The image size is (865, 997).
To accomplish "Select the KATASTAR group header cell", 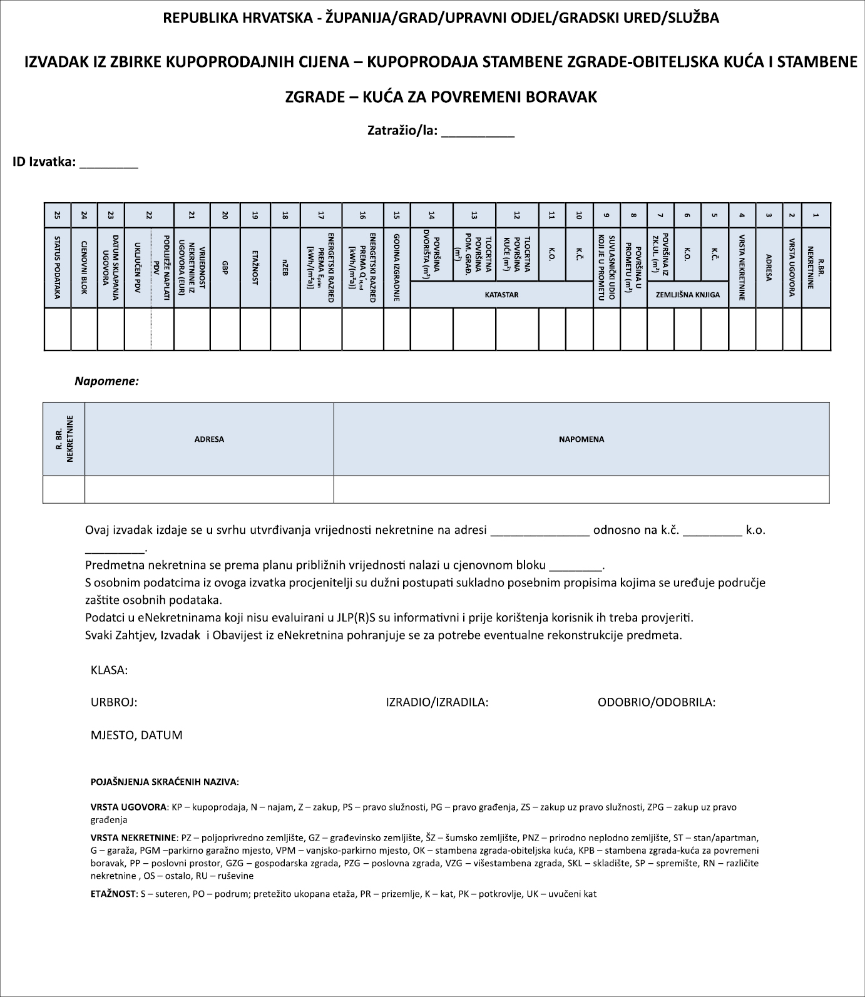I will (501, 294).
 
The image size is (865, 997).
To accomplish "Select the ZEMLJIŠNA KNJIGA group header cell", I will (687, 294).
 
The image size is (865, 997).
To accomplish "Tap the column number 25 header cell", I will (58, 215).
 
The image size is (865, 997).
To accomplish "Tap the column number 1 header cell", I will (816, 215).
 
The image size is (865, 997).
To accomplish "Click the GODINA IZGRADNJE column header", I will (397, 267).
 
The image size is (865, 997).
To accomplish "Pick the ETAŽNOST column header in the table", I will (255, 267).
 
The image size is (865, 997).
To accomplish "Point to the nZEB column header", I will (285, 267).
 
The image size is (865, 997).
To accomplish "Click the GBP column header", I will (225, 267).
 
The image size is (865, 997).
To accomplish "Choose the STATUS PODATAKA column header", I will (58, 267).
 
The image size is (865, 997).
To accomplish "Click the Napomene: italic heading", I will (106, 381).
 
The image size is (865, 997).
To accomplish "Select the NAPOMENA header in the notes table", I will (581, 439).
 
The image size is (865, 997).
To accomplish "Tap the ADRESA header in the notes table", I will (209, 439).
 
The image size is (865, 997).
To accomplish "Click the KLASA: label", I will (110, 670).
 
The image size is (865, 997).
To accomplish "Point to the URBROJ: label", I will (114, 702).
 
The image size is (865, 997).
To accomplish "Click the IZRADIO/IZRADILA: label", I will (437, 702).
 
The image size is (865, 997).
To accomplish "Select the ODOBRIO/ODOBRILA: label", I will (657, 702).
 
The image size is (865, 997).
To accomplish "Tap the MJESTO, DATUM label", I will (136, 735).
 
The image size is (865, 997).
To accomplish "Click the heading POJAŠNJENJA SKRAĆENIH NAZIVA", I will (165, 782).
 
